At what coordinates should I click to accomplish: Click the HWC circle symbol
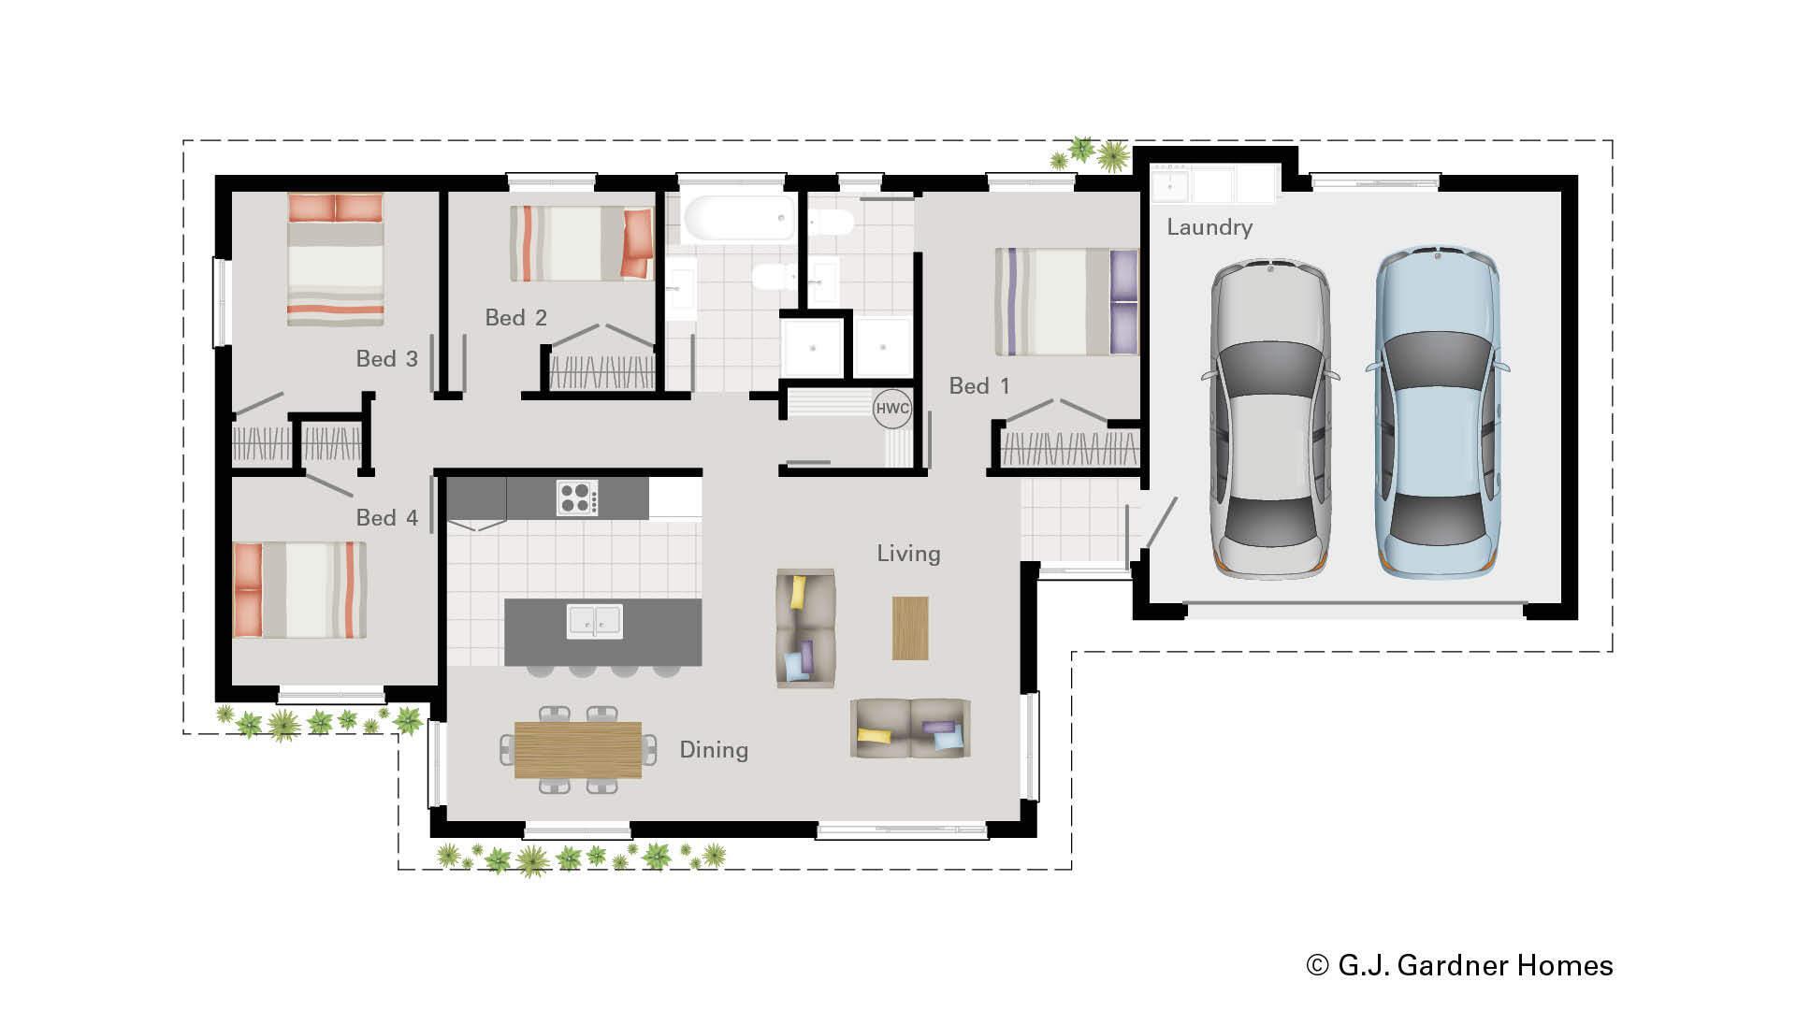pos(891,409)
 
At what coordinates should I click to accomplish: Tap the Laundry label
pos(1209,227)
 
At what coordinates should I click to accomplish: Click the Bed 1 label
pos(978,386)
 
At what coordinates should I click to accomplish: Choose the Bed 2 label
pos(515,318)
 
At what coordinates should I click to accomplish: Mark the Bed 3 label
pos(386,359)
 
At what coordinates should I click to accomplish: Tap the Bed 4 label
pos(386,518)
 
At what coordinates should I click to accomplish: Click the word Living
pos(908,554)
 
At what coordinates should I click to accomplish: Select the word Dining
pos(713,750)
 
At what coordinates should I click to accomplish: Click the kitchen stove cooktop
pos(577,498)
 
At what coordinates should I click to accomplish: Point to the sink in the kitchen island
pos(594,621)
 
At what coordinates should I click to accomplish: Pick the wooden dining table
pos(577,749)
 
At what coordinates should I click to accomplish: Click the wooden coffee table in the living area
pos(909,628)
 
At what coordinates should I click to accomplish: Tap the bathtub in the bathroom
pos(739,219)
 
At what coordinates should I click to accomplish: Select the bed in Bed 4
pos(299,590)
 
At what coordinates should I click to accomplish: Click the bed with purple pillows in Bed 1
pos(1065,302)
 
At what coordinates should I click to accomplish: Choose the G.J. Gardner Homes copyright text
pos(1459,965)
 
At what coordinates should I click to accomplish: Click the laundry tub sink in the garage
pos(1169,185)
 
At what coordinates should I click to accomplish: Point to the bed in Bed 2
pos(581,243)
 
